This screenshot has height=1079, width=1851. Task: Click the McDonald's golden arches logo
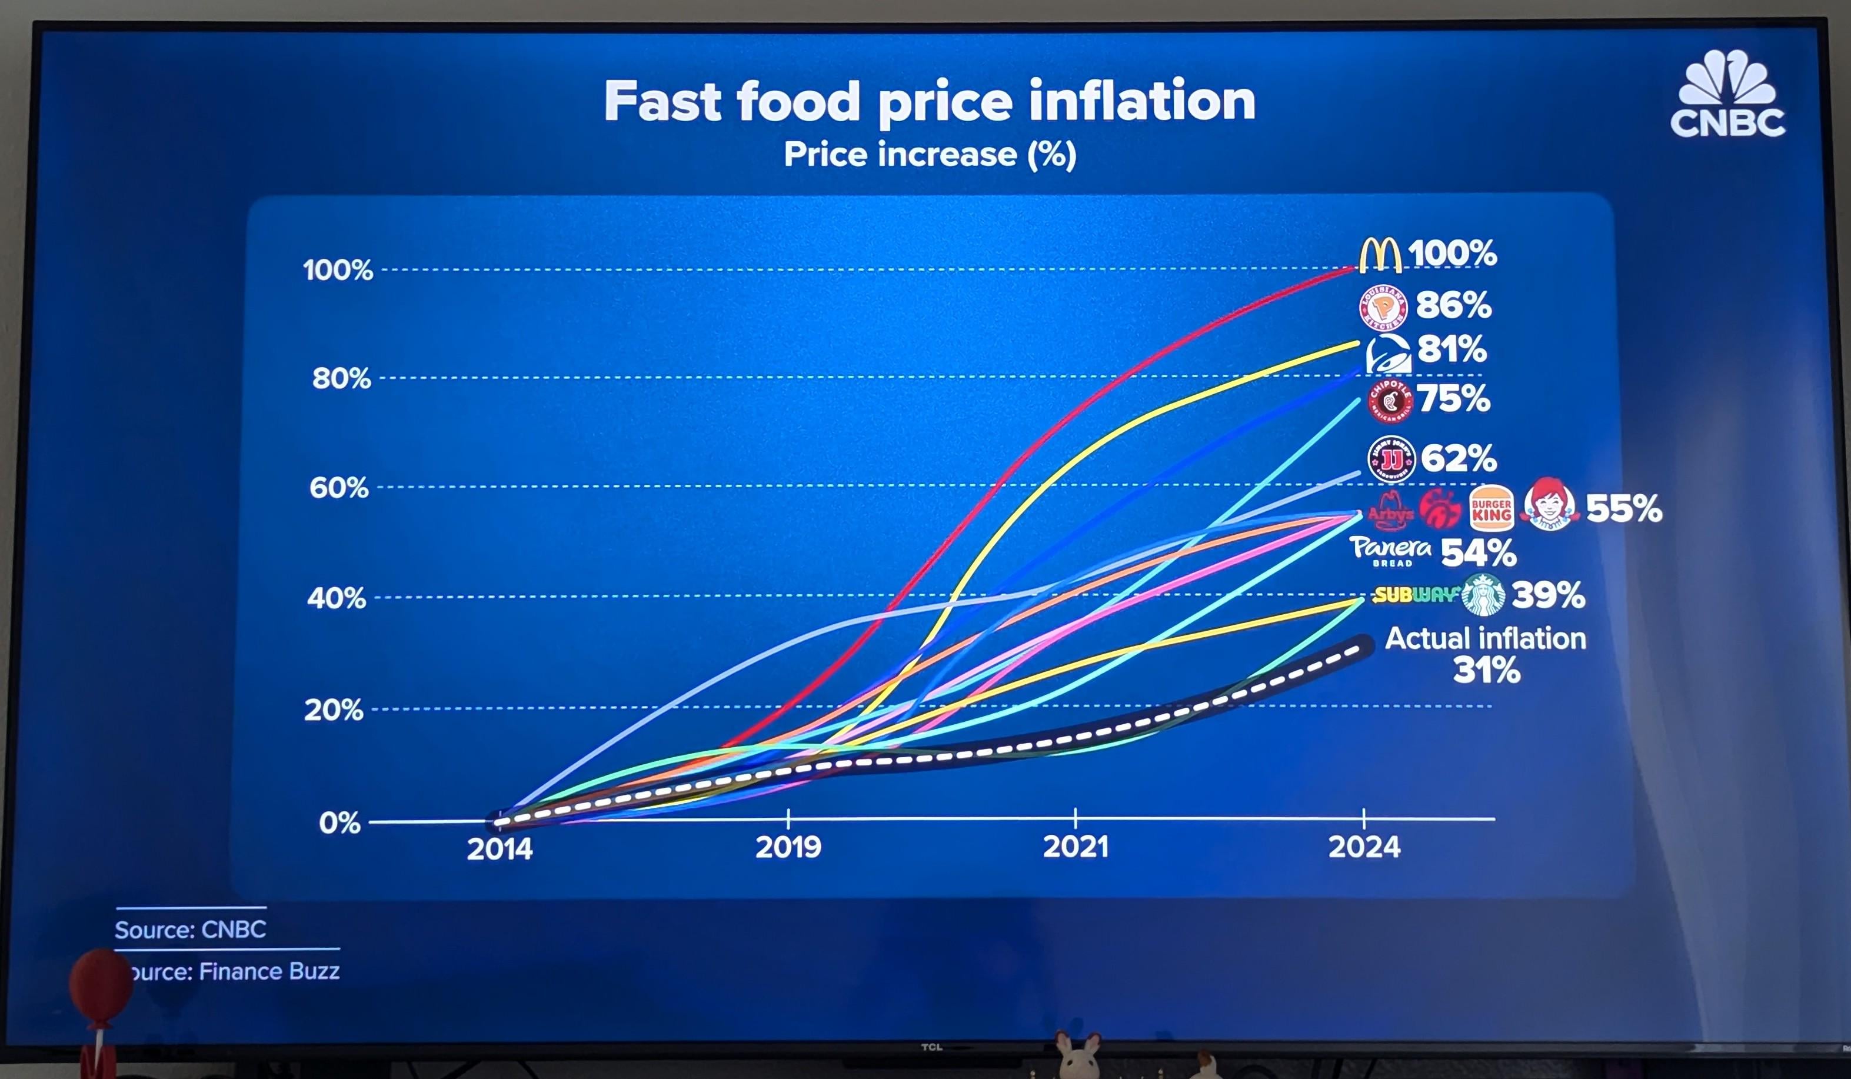point(1380,255)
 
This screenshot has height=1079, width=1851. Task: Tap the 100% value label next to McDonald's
point(1452,254)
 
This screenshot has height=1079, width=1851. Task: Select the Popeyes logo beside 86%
point(1383,307)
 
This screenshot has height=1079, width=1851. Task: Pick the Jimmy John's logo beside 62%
point(1391,459)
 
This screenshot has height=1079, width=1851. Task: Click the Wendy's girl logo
point(1549,505)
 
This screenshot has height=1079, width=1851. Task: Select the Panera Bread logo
point(1390,551)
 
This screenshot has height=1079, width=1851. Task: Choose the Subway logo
point(1414,594)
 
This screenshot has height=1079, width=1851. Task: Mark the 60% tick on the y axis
point(339,488)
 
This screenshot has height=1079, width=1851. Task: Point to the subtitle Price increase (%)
point(929,154)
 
